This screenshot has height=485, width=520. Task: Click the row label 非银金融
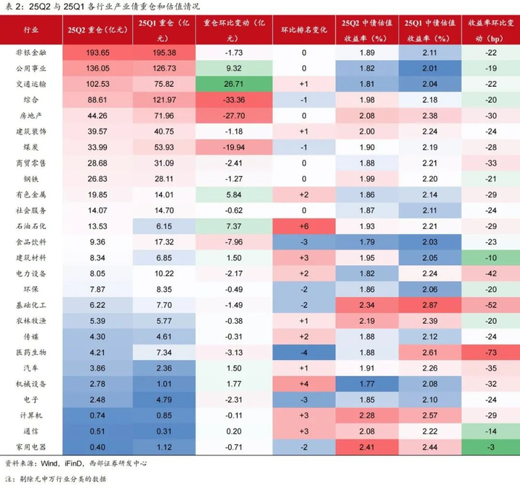tap(31, 53)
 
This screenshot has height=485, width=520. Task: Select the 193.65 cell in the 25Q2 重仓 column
tap(97, 53)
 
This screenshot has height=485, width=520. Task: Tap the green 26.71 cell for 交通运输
tap(234, 84)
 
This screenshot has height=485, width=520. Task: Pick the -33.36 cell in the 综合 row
tap(234, 100)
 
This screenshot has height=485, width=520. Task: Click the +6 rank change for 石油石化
tap(304, 226)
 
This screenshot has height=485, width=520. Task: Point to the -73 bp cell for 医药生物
tap(491, 352)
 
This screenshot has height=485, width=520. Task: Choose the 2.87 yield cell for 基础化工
tap(430, 305)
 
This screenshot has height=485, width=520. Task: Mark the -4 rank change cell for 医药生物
tap(304, 352)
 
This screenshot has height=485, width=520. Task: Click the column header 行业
tap(31, 30)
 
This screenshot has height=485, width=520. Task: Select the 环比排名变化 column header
tap(304, 30)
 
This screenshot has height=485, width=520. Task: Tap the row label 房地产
tap(31, 116)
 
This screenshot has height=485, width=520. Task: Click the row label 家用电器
tap(31, 447)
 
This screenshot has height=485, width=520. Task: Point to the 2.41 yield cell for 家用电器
tap(367, 447)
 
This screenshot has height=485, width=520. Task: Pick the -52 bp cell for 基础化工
tap(491, 305)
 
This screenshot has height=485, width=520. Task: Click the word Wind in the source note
tap(50, 463)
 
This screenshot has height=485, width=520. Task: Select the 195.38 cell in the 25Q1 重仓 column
tap(164, 53)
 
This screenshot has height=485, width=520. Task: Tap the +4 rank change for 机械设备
tap(304, 384)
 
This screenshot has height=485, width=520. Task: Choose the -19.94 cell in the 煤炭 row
tap(234, 147)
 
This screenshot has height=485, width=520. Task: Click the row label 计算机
tap(31, 415)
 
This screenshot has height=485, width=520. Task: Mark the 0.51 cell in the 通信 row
tap(97, 432)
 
